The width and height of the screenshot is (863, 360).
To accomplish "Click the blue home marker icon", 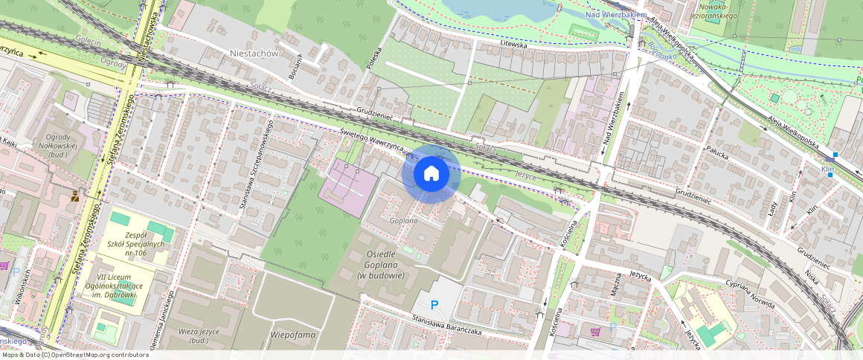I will (x=431, y=174).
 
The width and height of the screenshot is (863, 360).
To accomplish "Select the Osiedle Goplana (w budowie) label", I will (x=385, y=263).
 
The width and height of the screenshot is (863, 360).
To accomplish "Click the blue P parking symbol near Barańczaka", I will (x=436, y=304).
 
